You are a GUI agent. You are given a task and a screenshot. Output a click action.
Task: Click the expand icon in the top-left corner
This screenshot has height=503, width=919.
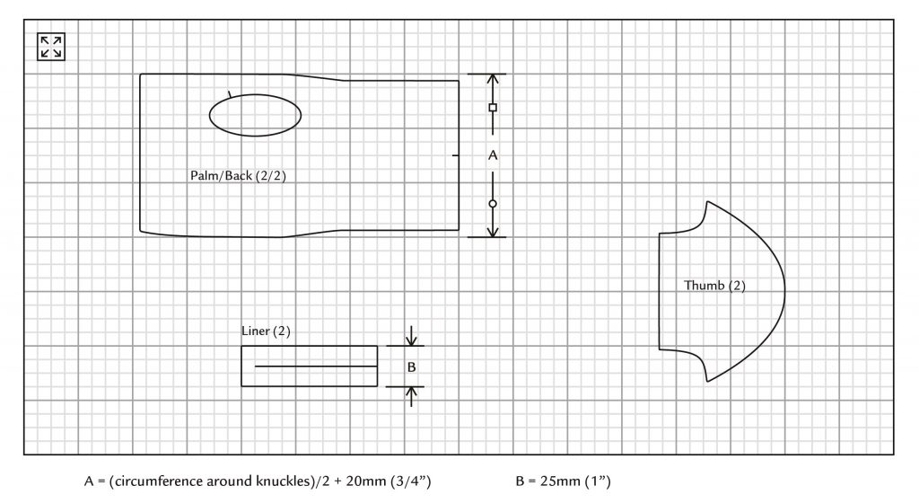pos(51,47)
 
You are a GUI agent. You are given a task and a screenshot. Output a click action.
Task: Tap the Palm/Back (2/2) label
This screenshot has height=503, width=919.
pos(238,176)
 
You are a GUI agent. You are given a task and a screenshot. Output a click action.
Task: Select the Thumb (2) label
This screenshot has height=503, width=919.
pos(714,286)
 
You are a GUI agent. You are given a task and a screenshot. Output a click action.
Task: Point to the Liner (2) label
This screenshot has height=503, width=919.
pos(266,331)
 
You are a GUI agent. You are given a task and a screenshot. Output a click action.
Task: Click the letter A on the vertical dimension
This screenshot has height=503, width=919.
pos(493,155)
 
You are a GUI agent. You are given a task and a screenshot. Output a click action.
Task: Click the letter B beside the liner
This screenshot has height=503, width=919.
pos(411,367)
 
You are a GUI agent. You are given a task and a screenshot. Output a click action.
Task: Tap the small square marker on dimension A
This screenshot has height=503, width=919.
pos(493,107)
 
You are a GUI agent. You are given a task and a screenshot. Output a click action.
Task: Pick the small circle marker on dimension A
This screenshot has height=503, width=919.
pos(493,204)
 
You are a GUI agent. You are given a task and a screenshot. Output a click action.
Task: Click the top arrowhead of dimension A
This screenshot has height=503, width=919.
pos(493,79)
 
